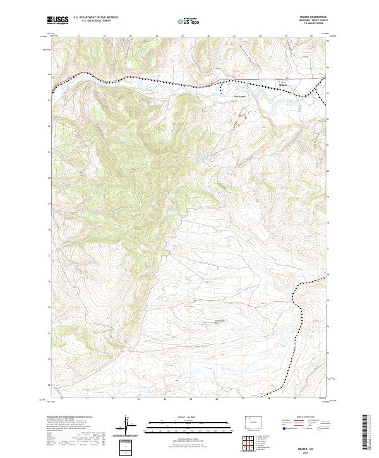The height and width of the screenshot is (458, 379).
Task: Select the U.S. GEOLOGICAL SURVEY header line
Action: point(91,21)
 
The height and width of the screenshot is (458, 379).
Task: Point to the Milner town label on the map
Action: point(283,85)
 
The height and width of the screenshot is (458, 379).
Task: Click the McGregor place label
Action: point(239,96)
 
